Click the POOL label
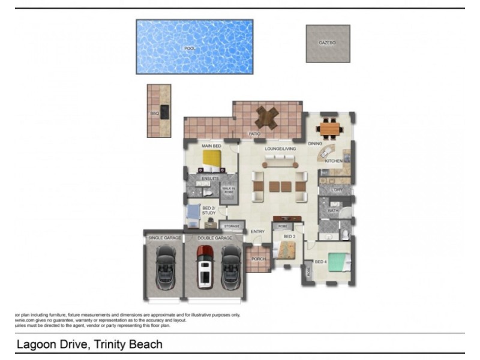(190, 48)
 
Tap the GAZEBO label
(327, 43)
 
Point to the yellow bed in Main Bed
(212, 160)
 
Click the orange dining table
(329, 128)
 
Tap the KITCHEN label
(333, 161)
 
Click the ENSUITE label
(209, 178)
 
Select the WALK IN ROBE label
(228, 190)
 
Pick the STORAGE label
(232, 226)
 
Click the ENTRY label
(258, 232)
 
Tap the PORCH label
(258, 259)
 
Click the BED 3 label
(289, 237)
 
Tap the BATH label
(333, 211)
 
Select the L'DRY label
(336, 190)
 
